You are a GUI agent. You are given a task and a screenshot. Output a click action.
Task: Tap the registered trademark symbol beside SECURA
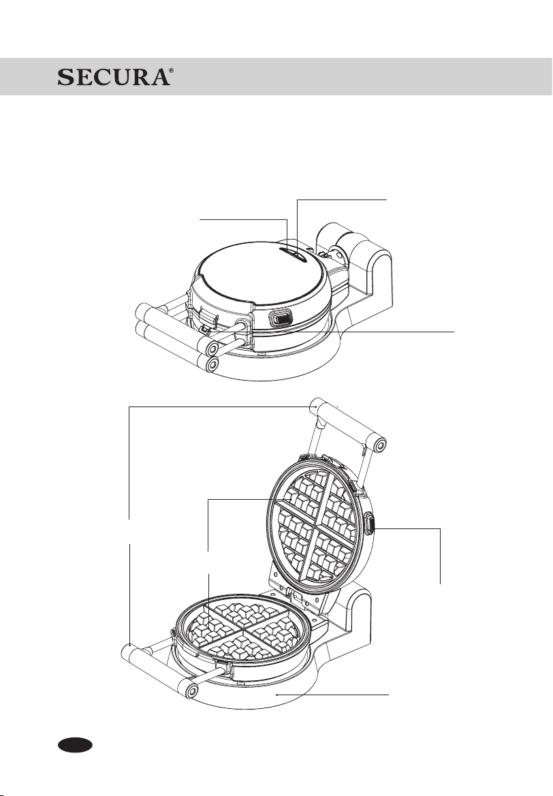[x=171, y=71]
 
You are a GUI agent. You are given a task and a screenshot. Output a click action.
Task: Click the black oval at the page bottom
[x=75, y=745]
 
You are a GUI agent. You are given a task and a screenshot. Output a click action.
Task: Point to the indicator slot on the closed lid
[x=293, y=253]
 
